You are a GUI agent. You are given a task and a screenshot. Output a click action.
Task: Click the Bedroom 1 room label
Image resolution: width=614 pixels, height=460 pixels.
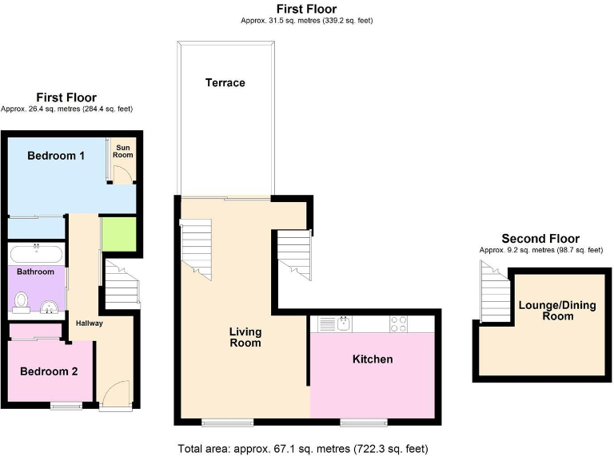56,156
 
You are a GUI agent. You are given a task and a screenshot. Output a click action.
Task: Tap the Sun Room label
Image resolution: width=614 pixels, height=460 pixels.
123,151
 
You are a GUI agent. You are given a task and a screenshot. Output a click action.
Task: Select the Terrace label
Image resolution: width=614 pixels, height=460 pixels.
225,83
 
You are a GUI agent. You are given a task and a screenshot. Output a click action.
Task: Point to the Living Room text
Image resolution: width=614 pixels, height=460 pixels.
245,337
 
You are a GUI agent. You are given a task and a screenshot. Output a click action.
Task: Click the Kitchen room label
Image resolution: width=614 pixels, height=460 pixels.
373,359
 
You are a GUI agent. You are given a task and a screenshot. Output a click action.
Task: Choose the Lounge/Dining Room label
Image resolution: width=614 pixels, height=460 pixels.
546,310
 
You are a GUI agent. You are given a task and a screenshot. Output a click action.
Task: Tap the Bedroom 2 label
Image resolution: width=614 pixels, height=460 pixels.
49,371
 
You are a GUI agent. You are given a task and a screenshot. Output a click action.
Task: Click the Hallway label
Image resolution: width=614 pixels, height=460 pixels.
89,323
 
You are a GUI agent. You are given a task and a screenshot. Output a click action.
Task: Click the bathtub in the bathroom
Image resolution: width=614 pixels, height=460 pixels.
37,256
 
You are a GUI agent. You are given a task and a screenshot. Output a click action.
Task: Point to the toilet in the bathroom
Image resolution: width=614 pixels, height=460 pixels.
22,302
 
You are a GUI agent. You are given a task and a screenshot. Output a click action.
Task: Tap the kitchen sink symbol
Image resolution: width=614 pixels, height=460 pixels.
342,323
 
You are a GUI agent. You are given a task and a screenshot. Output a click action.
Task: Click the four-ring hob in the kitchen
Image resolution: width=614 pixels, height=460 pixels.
397,323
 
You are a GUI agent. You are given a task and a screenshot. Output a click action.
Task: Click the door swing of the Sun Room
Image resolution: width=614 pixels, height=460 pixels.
120,177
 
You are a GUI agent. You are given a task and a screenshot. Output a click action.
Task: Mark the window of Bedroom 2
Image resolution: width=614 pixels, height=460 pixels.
66,406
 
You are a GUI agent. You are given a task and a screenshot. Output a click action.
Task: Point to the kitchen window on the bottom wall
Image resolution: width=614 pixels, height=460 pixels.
364,421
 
